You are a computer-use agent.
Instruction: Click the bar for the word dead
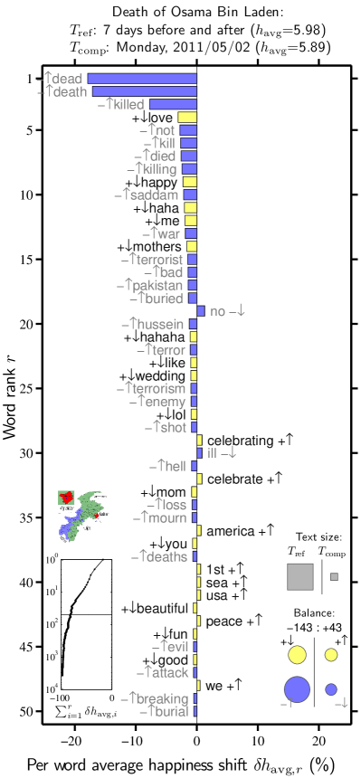pos(142,79)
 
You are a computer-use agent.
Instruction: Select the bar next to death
pos(144,91)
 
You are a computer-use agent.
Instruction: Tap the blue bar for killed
pos(173,105)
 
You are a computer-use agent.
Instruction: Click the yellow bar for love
pos(187,118)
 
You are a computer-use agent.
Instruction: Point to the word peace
pos(224,622)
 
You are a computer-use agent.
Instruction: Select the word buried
pos(162,299)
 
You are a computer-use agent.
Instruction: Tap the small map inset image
pos(83,517)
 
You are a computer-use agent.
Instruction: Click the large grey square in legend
pos(299,576)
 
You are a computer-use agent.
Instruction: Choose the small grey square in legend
pos(334,576)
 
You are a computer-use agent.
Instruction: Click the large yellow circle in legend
pos(297,655)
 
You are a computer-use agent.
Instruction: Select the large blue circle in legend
pos(297,689)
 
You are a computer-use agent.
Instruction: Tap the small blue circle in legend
pos(331,689)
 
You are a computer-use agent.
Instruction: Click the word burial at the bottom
pos(169,712)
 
